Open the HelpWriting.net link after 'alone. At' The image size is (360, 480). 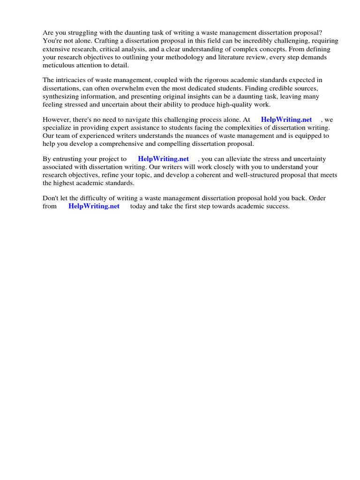tap(286, 120)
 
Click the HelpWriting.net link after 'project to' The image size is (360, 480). tap(163, 159)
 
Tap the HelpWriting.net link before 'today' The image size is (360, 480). tap(94, 206)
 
